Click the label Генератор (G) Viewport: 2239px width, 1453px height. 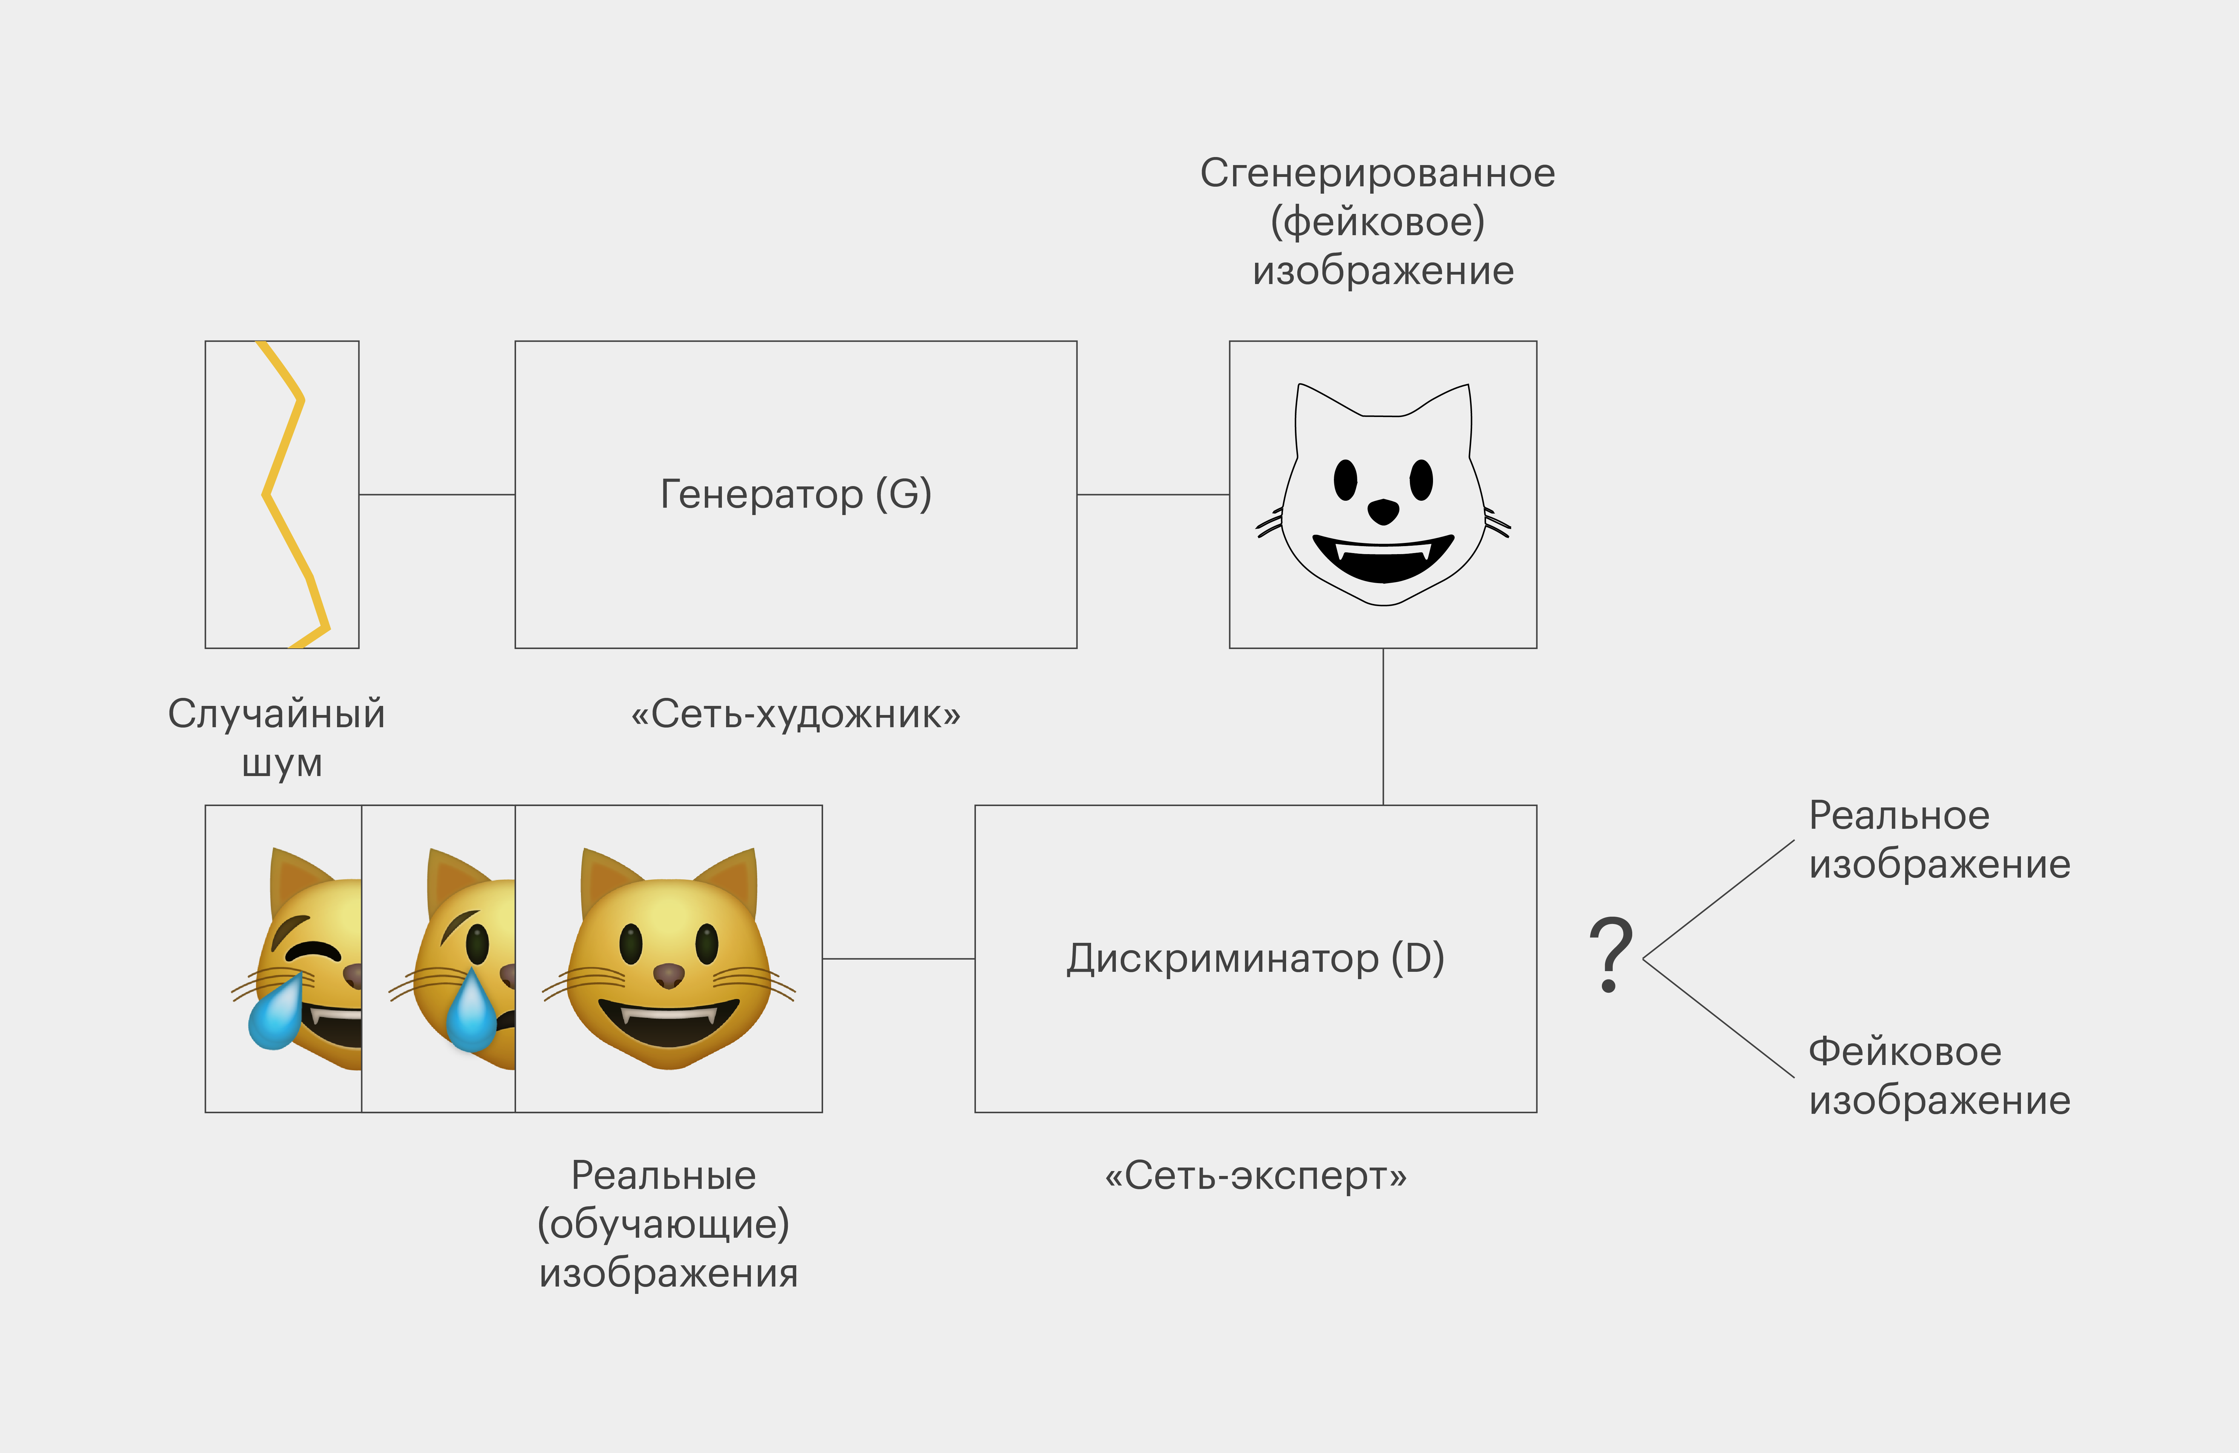[x=795, y=494]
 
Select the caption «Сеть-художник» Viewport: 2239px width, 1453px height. [x=795, y=714]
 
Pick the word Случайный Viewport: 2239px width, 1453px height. [x=277, y=714]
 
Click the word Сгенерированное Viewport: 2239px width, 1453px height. [x=1377, y=173]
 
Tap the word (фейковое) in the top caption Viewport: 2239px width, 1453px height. [x=1377, y=222]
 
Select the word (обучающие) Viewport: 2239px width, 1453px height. [x=663, y=1224]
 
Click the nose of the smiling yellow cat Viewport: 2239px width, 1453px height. [x=669, y=975]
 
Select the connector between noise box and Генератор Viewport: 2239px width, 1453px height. [x=436, y=494]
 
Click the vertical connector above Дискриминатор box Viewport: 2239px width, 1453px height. [x=1383, y=726]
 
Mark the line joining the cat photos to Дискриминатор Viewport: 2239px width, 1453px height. [x=898, y=959]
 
